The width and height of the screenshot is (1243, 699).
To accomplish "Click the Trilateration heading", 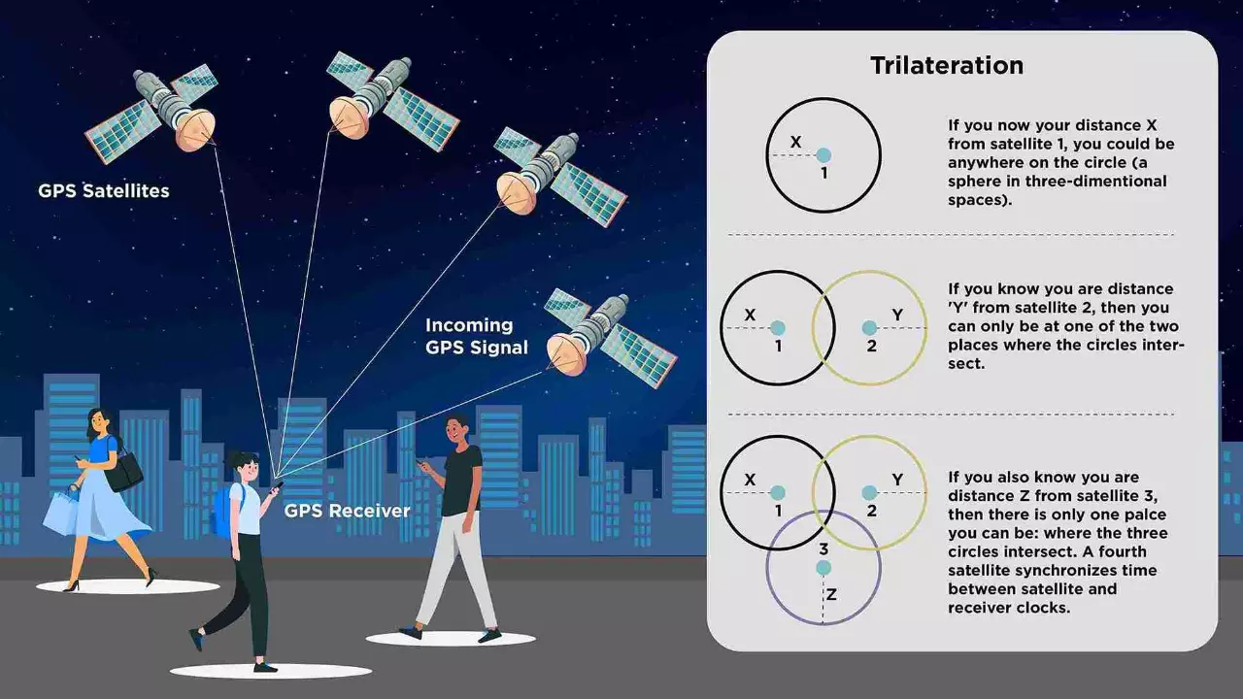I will tap(947, 66).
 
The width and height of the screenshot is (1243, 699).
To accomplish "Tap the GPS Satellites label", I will tap(104, 191).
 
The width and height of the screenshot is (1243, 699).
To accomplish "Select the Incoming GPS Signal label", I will tap(477, 336).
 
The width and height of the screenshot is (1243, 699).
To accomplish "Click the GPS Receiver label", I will tap(347, 511).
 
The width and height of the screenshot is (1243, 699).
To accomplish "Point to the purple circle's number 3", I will tap(823, 550).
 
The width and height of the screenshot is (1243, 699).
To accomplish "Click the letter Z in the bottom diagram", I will tap(831, 594).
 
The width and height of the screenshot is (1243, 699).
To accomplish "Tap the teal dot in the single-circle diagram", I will tap(823, 154).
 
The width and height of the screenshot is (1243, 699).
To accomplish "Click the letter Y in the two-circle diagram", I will tap(897, 315).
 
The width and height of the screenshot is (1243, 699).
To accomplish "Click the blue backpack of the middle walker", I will tap(222, 511).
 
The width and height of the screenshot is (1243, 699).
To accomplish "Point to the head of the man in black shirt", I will tap(458, 428).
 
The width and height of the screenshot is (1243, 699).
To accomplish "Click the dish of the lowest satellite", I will tap(566, 355).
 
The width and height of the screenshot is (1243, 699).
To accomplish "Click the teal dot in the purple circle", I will tap(823, 568).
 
